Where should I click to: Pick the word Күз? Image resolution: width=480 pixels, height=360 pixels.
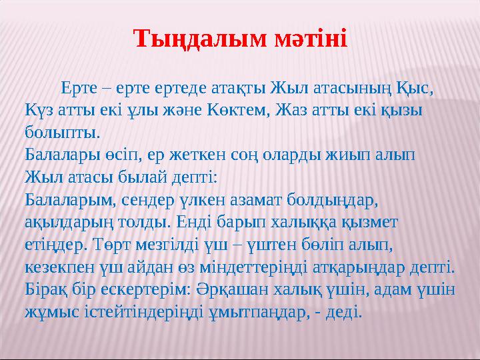tap(37, 109)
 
